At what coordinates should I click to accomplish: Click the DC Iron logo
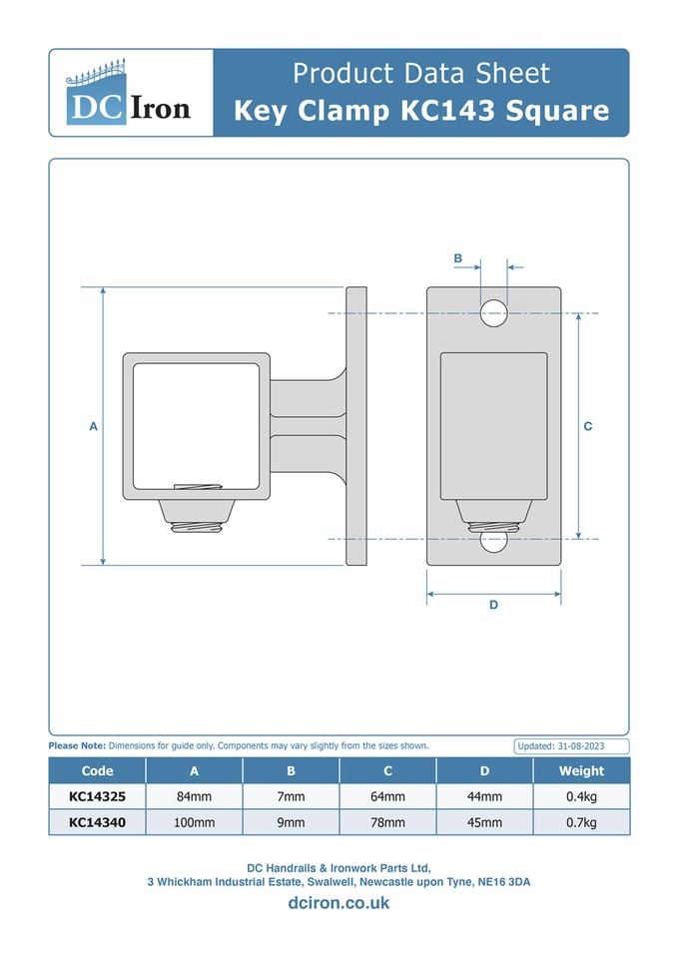click(130, 93)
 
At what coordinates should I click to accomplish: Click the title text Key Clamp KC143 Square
click(421, 110)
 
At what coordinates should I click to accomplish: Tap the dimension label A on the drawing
click(93, 426)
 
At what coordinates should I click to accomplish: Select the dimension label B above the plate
click(457, 258)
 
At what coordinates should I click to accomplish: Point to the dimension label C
click(588, 426)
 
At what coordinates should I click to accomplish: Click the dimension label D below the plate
click(493, 605)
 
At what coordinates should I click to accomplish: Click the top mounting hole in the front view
click(493, 313)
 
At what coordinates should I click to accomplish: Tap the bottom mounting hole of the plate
click(493, 541)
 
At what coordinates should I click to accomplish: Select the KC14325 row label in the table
click(97, 796)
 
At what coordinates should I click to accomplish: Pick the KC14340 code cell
click(97, 822)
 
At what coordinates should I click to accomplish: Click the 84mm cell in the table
click(194, 796)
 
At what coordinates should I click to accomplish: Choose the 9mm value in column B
click(291, 822)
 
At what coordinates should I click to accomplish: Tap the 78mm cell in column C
click(387, 822)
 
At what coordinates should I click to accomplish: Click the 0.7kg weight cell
click(581, 822)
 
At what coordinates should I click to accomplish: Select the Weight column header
click(581, 770)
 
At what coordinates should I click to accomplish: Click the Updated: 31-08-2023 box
click(571, 746)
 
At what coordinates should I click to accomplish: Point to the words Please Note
click(77, 745)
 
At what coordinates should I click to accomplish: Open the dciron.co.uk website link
click(339, 903)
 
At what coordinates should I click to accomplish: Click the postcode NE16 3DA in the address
click(504, 882)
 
